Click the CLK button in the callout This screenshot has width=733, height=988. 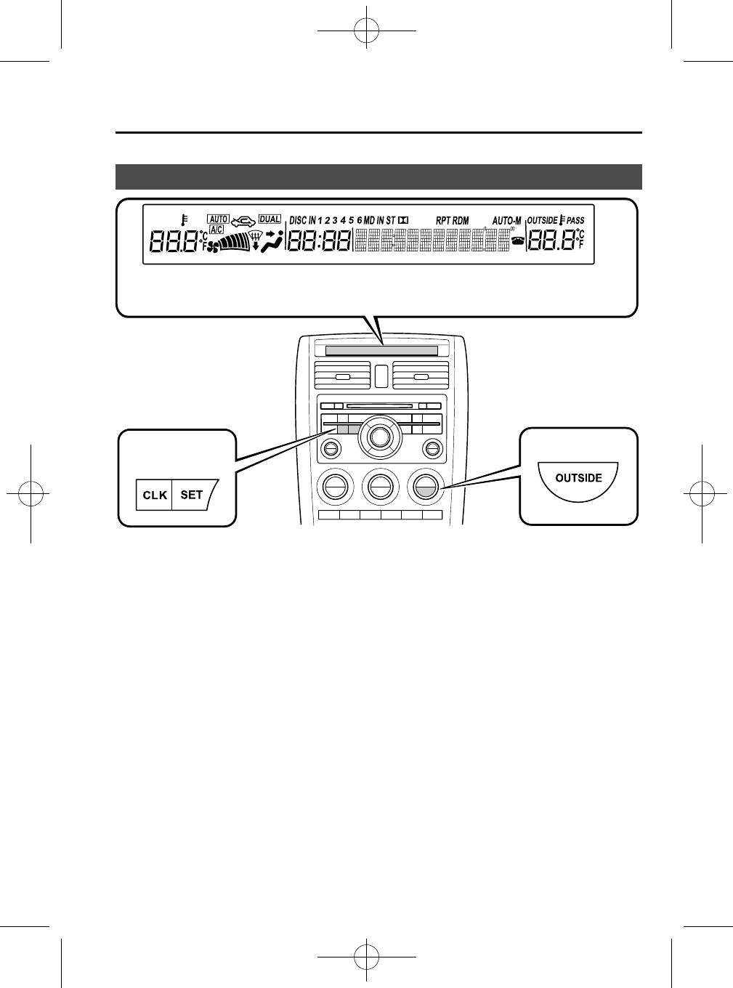click(x=155, y=495)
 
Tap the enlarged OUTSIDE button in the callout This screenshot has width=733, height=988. click(x=578, y=478)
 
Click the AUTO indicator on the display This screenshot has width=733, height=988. click(x=218, y=219)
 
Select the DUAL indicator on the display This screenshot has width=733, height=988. click(x=270, y=219)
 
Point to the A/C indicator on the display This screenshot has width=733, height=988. click(x=216, y=230)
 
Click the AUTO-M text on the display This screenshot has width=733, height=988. click(x=506, y=220)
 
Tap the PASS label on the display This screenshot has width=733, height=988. click(x=575, y=220)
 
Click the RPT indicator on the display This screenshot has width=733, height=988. click(x=443, y=220)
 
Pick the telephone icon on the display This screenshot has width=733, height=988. click(x=518, y=242)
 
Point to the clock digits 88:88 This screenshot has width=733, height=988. click(x=320, y=242)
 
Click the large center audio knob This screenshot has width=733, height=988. click(x=378, y=437)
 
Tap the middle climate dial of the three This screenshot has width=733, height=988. click(x=378, y=485)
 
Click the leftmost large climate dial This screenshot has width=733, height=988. click(x=334, y=485)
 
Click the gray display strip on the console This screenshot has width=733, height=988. click(x=381, y=351)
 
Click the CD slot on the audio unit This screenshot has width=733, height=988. click(x=379, y=407)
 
